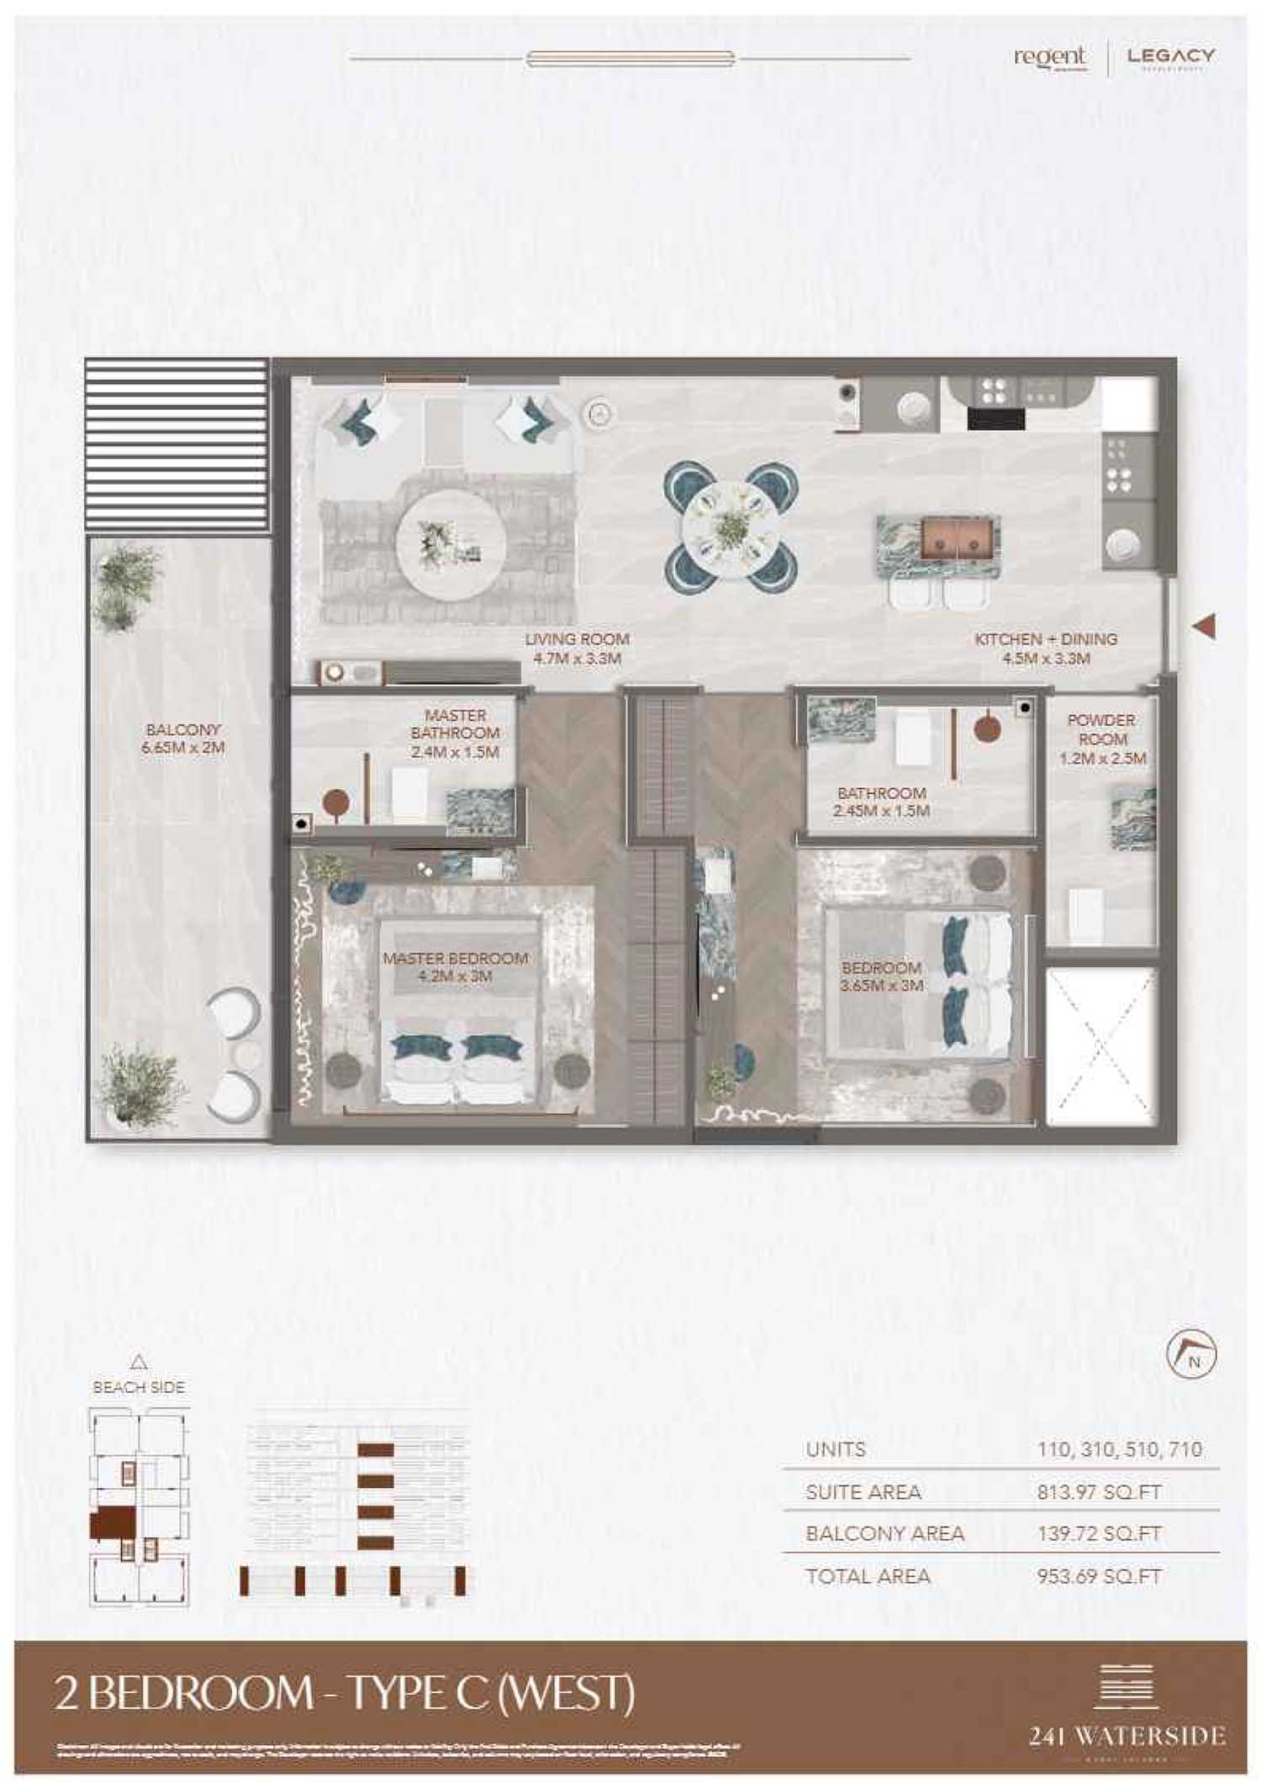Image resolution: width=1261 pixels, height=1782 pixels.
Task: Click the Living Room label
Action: pos(577,639)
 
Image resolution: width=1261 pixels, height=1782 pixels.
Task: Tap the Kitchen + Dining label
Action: pos(1046,639)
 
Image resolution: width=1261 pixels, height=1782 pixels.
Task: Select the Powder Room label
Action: pos(1101,730)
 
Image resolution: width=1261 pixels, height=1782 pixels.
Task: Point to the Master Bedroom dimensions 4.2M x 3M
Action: pos(455,976)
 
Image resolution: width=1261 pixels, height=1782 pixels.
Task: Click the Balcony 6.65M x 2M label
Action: pos(182,739)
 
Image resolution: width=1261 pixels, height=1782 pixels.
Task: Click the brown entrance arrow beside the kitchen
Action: pos(1205,626)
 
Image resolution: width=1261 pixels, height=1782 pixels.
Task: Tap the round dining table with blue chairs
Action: pos(730,527)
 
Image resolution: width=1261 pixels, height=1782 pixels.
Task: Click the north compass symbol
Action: pos(1191,1354)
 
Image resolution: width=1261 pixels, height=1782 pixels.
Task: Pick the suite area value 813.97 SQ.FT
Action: pos(1099,1493)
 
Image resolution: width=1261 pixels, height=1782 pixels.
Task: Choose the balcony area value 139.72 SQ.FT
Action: pos(1099,1534)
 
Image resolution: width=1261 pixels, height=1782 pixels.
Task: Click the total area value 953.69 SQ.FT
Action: pos(1099,1577)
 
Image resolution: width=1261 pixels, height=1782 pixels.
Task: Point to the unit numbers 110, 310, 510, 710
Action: pos(1119,1449)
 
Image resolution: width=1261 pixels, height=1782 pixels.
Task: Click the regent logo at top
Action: pos(1049,57)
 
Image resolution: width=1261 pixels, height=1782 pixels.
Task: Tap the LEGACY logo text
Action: pos(1170,56)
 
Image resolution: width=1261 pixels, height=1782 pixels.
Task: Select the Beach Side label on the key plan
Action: pos(139,1388)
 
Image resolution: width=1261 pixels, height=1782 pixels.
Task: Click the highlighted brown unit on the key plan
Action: pos(112,1522)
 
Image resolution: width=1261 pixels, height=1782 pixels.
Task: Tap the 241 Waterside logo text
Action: pos(1126,1736)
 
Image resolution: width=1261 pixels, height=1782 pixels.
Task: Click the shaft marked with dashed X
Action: pos(1101,1047)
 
